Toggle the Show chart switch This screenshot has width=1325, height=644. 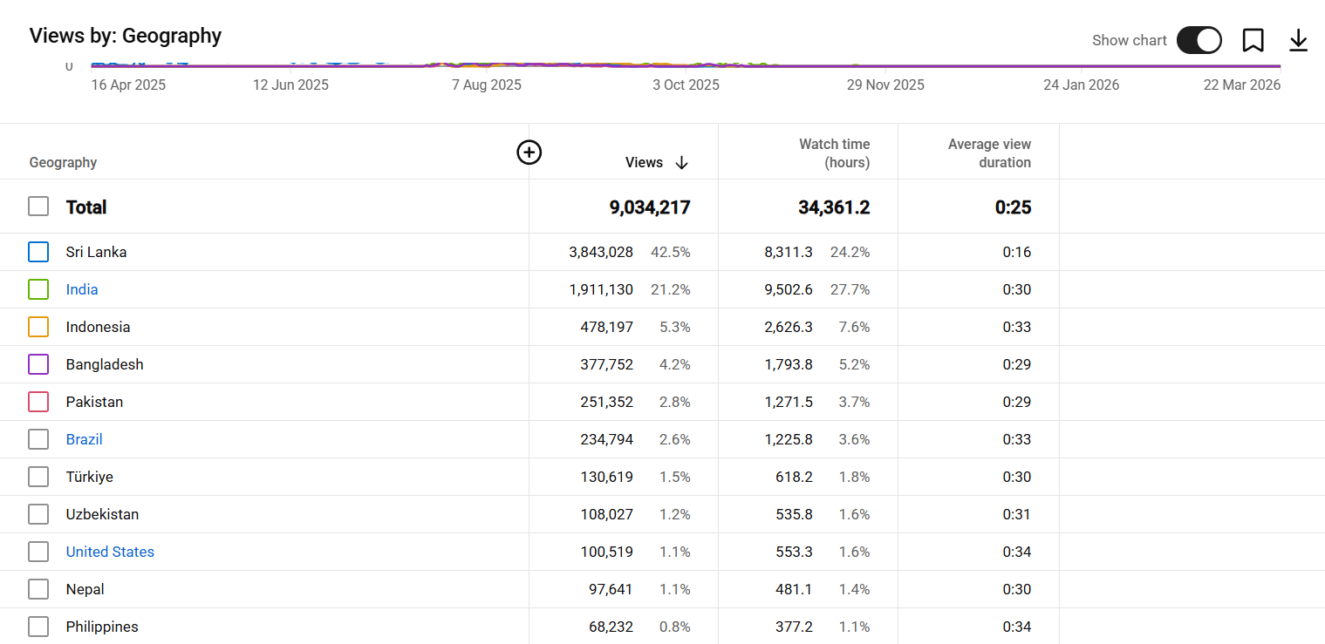pos(1199,40)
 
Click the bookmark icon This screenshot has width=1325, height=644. pos(1253,40)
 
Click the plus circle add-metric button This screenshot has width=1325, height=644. pos(529,153)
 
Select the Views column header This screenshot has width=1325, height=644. pos(644,163)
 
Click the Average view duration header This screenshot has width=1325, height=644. pos(989,153)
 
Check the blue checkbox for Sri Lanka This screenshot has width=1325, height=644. pos(38,252)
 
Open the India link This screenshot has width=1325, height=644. pos(82,289)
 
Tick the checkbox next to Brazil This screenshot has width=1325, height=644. pos(38,439)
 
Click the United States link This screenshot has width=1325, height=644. pos(110,552)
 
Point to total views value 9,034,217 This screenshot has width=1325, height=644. pos(650,207)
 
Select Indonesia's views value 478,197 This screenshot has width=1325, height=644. pos(607,327)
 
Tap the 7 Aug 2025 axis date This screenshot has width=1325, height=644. pos(487,85)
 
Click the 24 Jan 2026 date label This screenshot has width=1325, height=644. pos(1081,85)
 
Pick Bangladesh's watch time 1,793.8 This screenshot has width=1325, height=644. pos(789,364)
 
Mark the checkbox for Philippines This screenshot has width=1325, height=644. pos(38,627)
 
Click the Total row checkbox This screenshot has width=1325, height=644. pos(38,207)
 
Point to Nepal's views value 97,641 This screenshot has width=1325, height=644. pos(611,589)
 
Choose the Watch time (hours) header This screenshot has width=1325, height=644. pos(834,153)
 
